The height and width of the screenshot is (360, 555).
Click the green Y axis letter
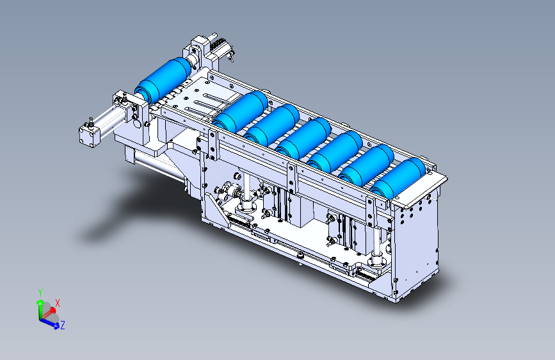point(40,293)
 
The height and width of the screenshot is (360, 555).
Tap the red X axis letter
point(58,303)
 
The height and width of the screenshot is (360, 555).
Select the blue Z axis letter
point(63,325)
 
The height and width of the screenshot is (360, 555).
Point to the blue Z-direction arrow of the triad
point(49,323)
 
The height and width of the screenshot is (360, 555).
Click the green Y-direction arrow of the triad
point(40,309)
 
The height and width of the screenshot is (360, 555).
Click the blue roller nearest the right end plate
point(398,179)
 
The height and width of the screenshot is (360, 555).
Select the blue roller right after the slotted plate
point(240,111)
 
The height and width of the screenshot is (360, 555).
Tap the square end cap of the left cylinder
point(88,136)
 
